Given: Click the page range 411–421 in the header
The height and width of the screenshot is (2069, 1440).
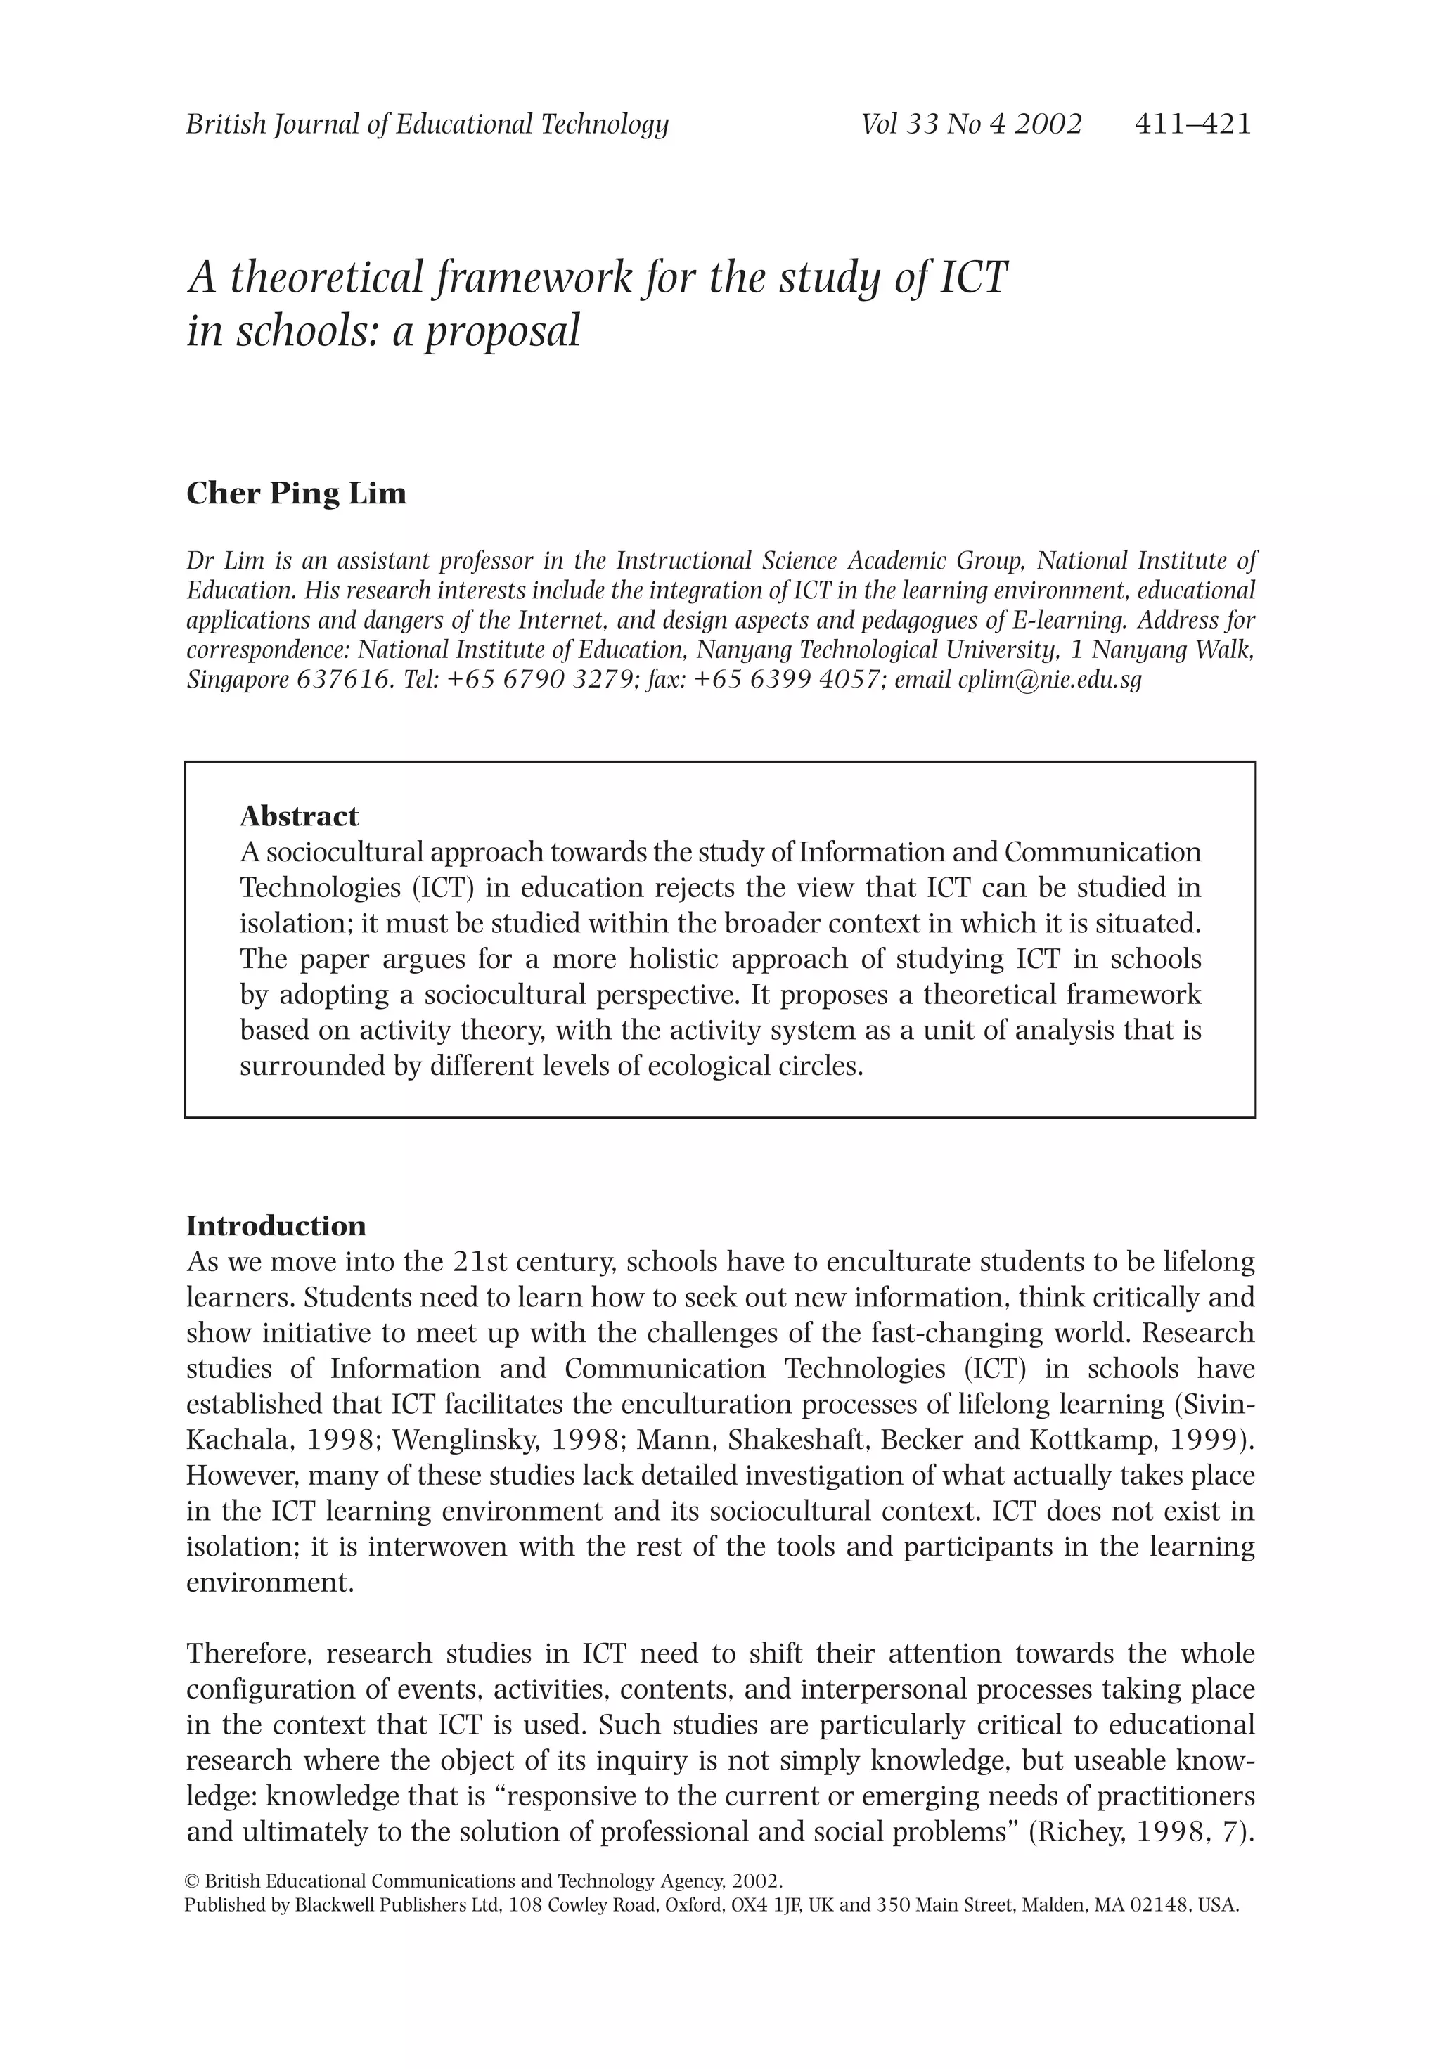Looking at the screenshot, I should (x=1192, y=124).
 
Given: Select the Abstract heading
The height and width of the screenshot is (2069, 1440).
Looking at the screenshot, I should (x=298, y=816).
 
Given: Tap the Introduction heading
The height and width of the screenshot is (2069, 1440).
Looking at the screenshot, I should (x=276, y=1225).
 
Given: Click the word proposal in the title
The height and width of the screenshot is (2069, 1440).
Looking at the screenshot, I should (x=502, y=330).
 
